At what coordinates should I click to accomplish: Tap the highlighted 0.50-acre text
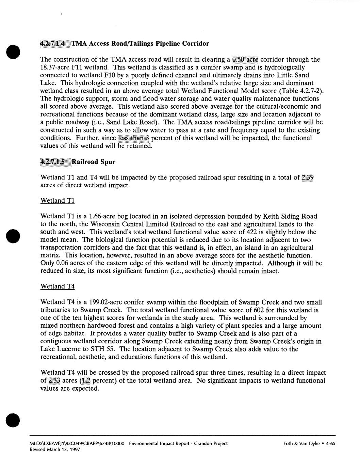pos(245,60)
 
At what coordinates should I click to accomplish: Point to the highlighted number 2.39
pos(308,177)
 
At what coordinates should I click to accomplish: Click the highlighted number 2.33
pos(54,380)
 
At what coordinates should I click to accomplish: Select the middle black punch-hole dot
pos(13,235)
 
